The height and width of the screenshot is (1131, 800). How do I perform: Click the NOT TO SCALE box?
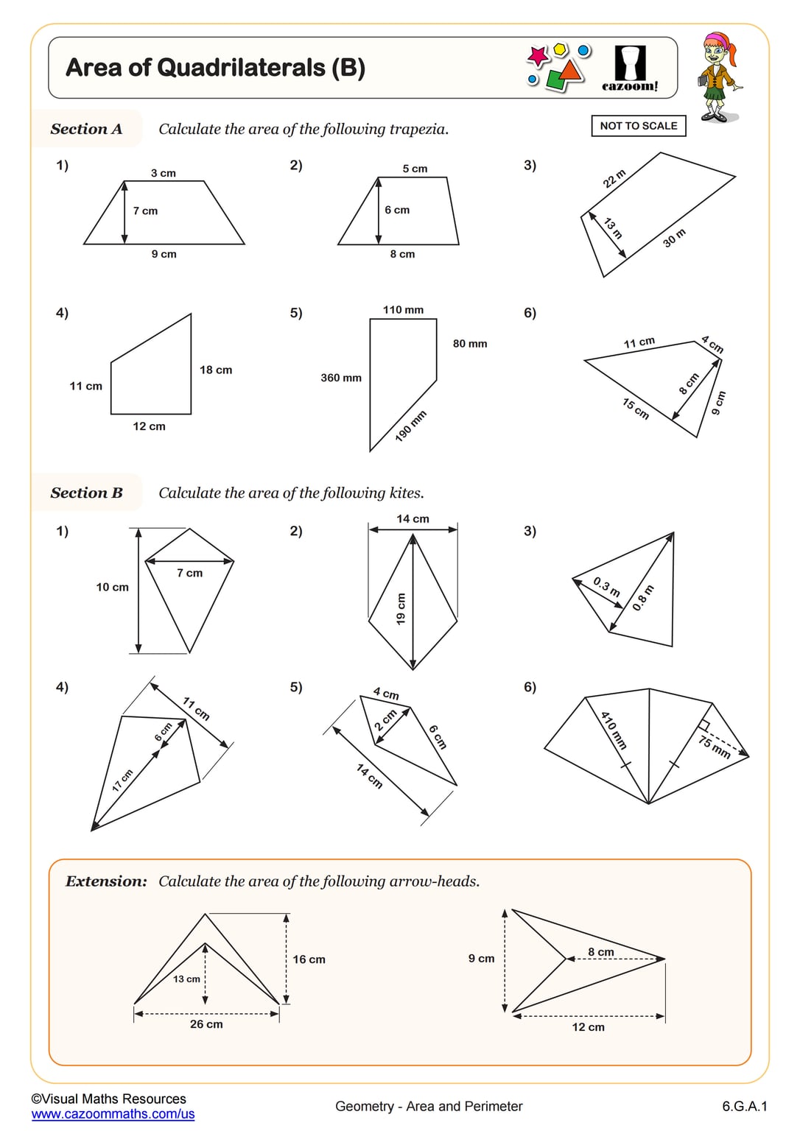638,126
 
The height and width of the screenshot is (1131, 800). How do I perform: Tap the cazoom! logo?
630,68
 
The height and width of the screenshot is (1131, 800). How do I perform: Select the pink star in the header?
538,56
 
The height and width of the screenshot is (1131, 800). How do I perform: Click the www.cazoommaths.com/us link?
113,1114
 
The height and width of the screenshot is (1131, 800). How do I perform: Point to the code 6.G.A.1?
744,1106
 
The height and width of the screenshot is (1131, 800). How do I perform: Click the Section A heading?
86,129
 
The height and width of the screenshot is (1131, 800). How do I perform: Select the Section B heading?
86,493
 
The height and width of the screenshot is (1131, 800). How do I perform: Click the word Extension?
106,881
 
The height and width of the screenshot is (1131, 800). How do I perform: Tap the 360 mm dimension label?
341,378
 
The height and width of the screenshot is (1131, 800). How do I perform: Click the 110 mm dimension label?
403,310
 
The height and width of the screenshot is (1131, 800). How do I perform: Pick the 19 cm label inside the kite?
401,609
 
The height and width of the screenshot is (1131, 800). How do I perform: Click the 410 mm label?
613,730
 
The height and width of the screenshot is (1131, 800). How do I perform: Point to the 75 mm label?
714,747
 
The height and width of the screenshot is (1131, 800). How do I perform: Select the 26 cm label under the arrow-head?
206,1024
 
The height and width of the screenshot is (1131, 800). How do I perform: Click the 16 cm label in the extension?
309,959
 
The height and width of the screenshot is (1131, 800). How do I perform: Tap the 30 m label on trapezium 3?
674,238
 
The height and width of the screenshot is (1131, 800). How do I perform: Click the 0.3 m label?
607,587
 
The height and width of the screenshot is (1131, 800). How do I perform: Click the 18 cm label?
216,370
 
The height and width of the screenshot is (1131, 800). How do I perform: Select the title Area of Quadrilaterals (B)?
215,68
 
